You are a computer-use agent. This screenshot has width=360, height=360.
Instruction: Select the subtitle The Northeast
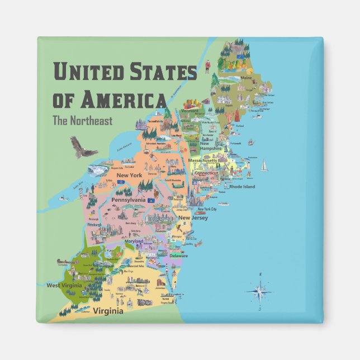click(x=82, y=120)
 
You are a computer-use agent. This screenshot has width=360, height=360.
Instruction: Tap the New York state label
click(x=129, y=176)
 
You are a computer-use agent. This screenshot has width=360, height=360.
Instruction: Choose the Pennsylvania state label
click(x=129, y=200)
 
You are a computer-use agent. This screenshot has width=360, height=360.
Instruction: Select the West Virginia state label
click(x=64, y=285)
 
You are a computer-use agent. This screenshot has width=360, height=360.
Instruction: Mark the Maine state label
click(x=247, y=78)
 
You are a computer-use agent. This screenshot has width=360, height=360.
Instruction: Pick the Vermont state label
click(x=190, y=111)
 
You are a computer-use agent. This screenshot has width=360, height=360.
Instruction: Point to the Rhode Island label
click(x=242, y=187)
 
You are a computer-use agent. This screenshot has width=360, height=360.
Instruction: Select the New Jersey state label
click(x=193, y=217)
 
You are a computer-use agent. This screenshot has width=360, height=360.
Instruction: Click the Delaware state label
click(x=179, y=255)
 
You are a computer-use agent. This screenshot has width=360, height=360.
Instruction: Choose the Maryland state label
click(x=134, y=241)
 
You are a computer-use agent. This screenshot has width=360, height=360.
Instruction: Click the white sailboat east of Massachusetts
click(x=264, y=165)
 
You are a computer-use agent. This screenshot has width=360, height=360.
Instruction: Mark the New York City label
click(x=207, y=209)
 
